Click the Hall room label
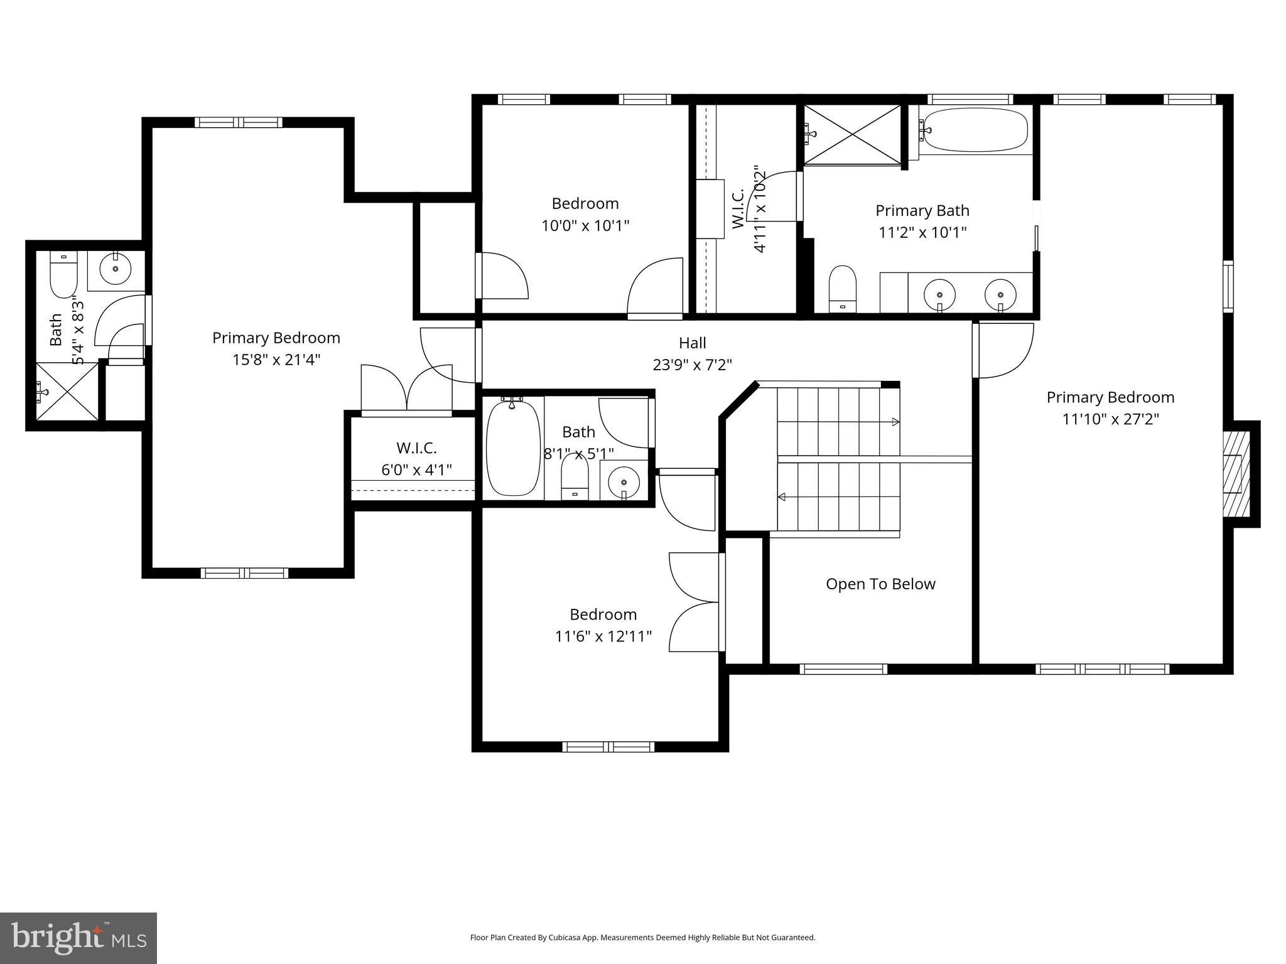pyautogui.click(x=692, y=343)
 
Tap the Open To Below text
pyautogui.click(x=880, y=584)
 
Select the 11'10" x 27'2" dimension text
pyautogui.click(x=1110, y=419)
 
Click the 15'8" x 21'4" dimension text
pyautogui.click(x=276, y=360)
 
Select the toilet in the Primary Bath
pyautogui.click(x=842, y=288)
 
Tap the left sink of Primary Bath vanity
pyautogui.click(x=939, y=294)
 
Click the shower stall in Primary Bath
pyautogui.click(x=852, y=135)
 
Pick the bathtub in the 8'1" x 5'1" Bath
pyautogui.click(x=513, y=448)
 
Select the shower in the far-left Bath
pyautogui.click(x=67, y=392)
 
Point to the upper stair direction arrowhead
pyautogui.click(x=896, y=421)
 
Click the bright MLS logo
pyautogui.click(x=78, y=938)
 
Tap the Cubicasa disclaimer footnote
pyautogui.click(x=642, y=938)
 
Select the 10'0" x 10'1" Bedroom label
pyautogui.click(x=585, y=214)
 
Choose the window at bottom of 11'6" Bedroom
pyautogui.click(x=608, y=747)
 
